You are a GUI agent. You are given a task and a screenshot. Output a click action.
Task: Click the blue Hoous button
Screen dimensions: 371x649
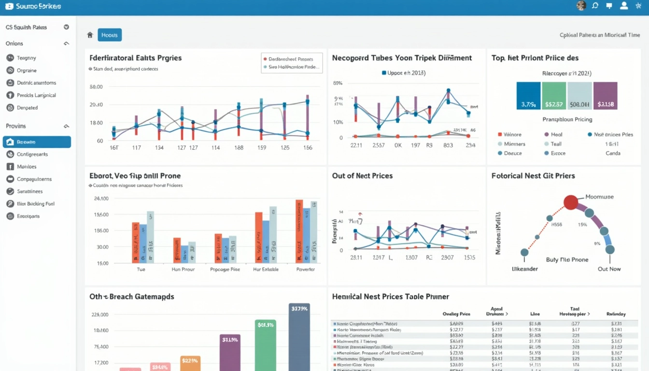[x=110, y=35]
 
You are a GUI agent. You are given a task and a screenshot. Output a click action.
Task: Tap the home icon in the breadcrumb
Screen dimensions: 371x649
[x=89, y=35]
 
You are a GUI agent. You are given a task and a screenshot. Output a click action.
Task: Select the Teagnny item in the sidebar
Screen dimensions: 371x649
[x=26, y=57]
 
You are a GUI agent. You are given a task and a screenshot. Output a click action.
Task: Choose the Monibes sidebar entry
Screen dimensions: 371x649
[x=26, y=167]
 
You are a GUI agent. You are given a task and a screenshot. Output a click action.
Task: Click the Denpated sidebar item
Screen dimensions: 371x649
[x=27, y=108]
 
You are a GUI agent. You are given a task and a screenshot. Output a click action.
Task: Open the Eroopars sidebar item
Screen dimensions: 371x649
[x=28, y=216]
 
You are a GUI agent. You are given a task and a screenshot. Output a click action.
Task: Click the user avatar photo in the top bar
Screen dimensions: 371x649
[x=581, y=6]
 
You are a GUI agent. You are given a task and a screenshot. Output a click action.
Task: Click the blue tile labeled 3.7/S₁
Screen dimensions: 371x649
[x=528, y=96]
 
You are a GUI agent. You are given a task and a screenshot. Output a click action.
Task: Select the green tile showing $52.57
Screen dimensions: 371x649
[x=554, y=96]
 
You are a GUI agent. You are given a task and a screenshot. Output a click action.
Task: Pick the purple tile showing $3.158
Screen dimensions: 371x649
[x=605, y=96]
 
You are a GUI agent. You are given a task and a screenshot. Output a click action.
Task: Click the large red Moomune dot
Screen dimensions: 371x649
[x=570, y=202]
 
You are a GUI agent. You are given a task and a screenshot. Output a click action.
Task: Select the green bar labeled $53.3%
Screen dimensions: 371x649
[x=266, y=345]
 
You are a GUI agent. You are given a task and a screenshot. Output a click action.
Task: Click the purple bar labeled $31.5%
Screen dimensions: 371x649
[x=230, y=353]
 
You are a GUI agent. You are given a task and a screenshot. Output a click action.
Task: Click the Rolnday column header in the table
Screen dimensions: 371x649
[x=616, y=314]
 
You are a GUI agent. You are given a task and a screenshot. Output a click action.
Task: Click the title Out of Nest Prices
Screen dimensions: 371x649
[x=362, y=176]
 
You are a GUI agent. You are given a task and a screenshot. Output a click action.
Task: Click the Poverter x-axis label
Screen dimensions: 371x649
[x=305, y=269]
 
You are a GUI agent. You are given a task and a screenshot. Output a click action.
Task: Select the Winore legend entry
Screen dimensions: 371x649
[x=512, y=135]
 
